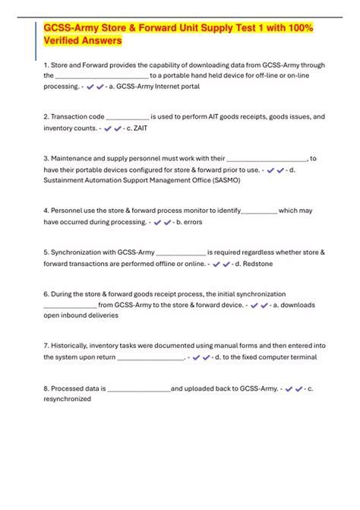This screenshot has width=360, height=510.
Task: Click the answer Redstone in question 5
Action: point(256,264)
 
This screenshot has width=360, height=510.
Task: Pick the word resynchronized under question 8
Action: point(67,398)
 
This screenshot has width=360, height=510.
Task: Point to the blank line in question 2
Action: point(127,117)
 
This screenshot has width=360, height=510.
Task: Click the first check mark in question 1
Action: point(91,88)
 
